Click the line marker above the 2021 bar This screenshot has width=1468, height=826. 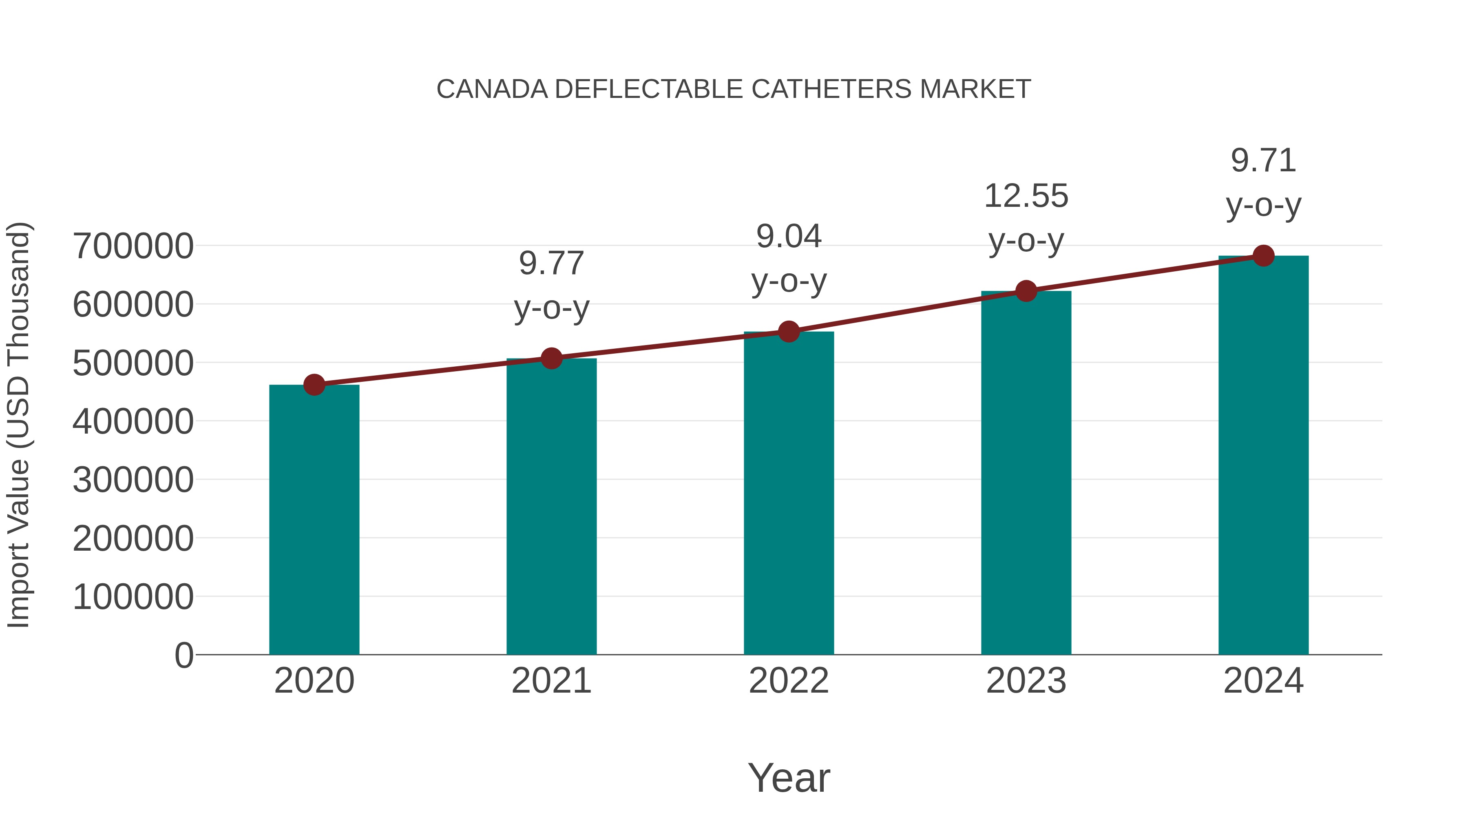(x=551, y=359)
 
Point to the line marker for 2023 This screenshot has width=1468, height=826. (x=1026, y=291)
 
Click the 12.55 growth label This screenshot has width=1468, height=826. (x=1026, y=196)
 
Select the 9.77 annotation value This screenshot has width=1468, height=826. (x=551, y=264)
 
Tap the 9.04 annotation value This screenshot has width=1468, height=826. (x=789, y=236)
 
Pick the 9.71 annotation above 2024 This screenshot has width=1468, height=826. (x=1263, y=160)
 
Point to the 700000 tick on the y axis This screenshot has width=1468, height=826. (x=133, y=246)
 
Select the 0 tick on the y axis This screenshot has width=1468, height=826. (x=183, y=655)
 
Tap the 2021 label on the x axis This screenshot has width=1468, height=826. (x=551, y=681)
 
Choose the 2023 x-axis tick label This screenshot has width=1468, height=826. (x=1026, y=681)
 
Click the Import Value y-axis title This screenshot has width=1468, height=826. (x=18, y=425)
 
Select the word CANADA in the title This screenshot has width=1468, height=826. (x=492, y=89)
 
